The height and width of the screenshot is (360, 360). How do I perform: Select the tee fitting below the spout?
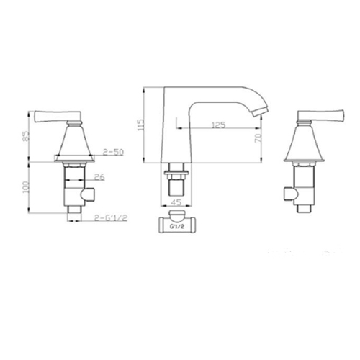(x=176, y=222)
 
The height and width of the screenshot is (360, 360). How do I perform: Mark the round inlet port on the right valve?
(x=289, y=193)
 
